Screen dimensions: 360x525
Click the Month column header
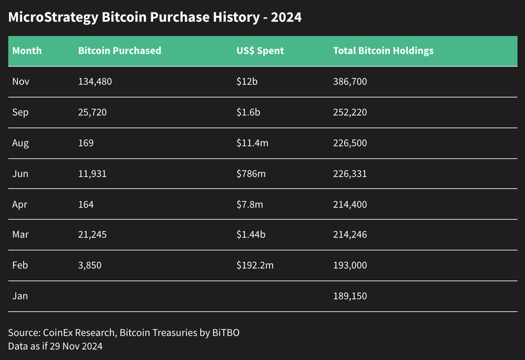click(27, 51)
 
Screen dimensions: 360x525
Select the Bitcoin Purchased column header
click(119, 51)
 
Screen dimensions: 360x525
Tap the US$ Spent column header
click(260, 51)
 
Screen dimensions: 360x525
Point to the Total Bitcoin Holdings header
click(383, 51)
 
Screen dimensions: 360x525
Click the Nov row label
click(20, 82)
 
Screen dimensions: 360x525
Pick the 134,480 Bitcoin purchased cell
click(96, 82)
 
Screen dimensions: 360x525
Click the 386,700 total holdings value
click(350, 82)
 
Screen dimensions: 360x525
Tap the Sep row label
click(20, 112)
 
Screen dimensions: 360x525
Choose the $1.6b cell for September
click(249, 112)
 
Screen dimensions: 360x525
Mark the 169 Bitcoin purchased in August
click(86, 143)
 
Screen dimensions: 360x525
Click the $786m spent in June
click(251, 174)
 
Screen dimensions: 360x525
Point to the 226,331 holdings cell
click(350, 174)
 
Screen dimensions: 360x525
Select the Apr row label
click(20, 204)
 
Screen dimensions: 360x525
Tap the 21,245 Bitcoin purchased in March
click(93, 235)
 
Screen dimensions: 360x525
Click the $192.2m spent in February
click(256, 265)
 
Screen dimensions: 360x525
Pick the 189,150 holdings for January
click(350, 296)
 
